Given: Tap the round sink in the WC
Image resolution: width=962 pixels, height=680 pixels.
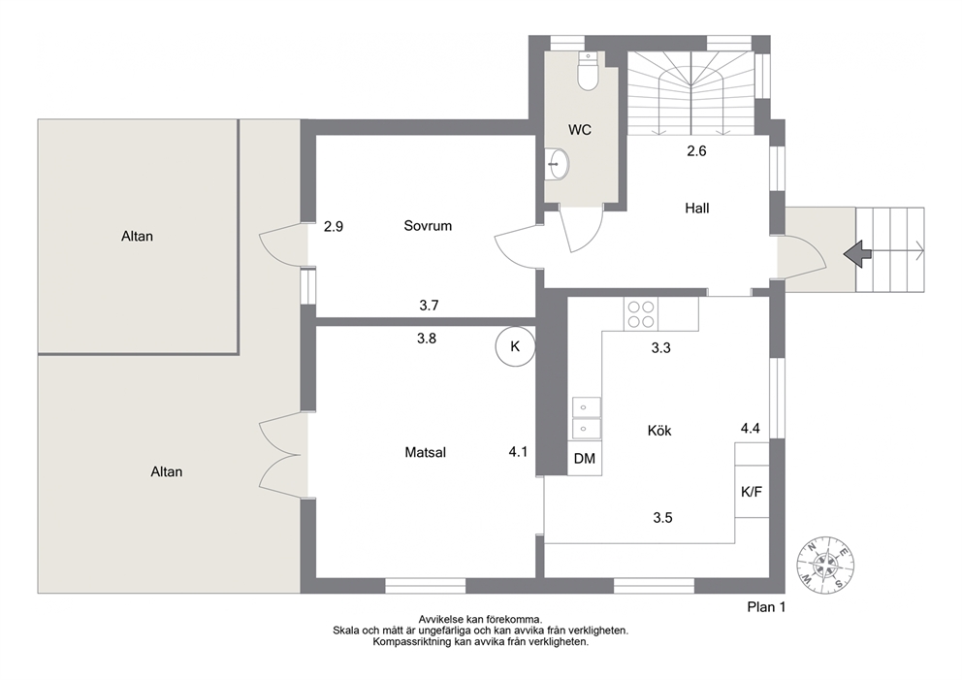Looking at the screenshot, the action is point(558,164).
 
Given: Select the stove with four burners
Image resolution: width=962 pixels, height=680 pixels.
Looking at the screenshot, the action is point(640,313).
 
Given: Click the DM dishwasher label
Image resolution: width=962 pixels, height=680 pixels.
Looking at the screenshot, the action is point(585,459).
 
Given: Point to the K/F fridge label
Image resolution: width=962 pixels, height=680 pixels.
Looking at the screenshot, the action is point(752,492).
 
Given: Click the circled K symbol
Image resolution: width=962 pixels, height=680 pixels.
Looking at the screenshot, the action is point(515,346).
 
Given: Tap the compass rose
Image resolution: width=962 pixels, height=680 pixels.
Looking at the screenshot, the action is point(826,565).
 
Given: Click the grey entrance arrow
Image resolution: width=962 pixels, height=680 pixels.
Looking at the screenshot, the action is point(857,253).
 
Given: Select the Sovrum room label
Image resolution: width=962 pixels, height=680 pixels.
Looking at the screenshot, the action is point(428,226).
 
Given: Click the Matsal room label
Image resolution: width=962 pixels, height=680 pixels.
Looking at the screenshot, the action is point(425,453).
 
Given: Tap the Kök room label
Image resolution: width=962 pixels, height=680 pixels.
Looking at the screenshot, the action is point(659,431).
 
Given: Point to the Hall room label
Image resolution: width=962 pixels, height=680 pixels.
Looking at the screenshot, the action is point(697,208).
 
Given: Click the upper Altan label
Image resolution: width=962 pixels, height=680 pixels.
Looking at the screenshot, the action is point(137,237).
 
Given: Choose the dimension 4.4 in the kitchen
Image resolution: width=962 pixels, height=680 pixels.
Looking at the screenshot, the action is point(751,429).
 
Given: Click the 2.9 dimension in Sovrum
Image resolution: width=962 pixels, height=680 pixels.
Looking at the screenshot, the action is point(334,226).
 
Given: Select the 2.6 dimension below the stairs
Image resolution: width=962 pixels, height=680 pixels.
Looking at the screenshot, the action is point(696,151).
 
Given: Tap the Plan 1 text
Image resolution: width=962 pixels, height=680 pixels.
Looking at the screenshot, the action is point(766,607).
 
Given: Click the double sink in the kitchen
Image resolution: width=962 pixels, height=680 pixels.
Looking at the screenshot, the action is point(587,417).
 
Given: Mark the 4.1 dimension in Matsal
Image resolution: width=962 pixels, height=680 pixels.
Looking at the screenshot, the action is point(518,452).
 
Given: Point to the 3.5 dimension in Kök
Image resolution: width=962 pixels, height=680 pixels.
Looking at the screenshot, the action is point(662,518).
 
